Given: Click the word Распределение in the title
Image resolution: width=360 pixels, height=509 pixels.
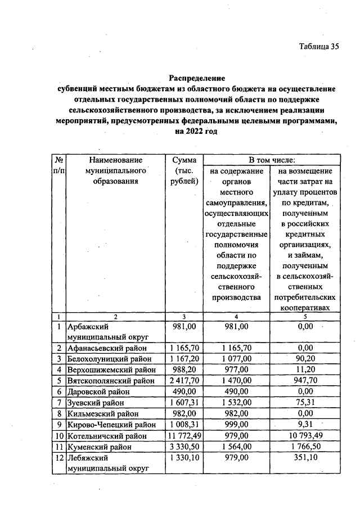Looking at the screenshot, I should (x=197, y=78).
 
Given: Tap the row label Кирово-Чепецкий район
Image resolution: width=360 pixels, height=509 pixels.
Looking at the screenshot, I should (x=111, y=424).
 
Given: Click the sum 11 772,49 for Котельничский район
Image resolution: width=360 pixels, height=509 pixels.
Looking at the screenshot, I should (x=184, y=435).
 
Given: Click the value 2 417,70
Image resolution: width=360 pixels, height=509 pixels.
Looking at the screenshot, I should (x=184, y=381).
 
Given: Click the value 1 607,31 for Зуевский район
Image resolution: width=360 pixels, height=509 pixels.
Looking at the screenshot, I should (x=184, y=403).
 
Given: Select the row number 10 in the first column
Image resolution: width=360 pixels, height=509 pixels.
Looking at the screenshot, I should (x=59, y=435).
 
